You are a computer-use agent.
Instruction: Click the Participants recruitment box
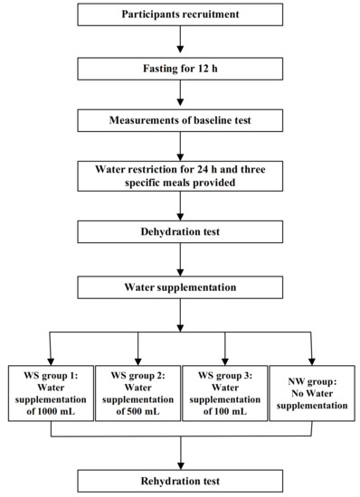tap(182, 15)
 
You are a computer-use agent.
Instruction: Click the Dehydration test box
tap(182, 231)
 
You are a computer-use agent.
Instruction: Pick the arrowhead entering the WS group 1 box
tap(48, 358)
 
